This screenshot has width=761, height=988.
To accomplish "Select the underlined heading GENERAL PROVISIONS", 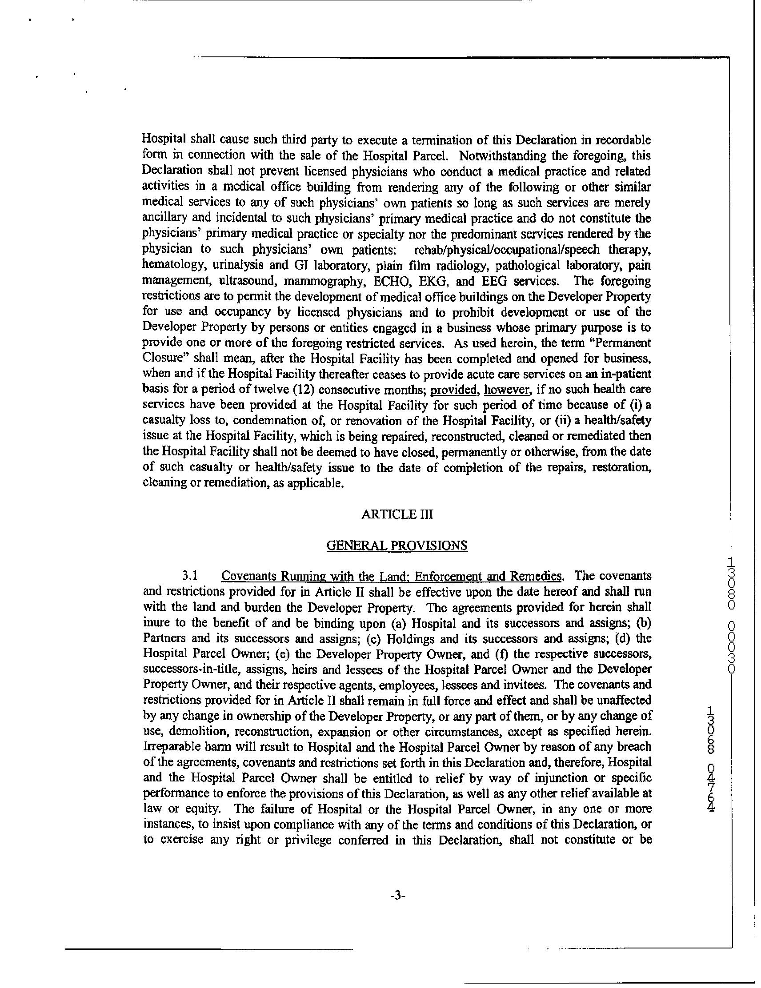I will [x=397, y=546].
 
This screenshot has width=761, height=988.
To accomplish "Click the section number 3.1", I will [x=190, y=576].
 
